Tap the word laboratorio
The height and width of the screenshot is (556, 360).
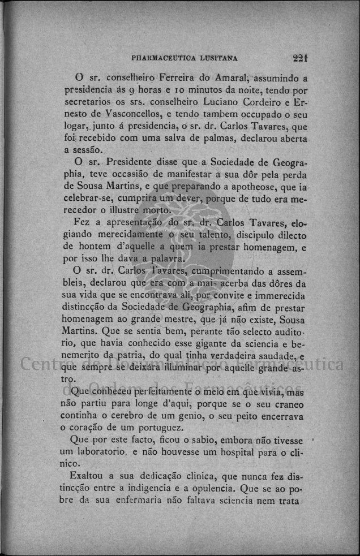[93, 453]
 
